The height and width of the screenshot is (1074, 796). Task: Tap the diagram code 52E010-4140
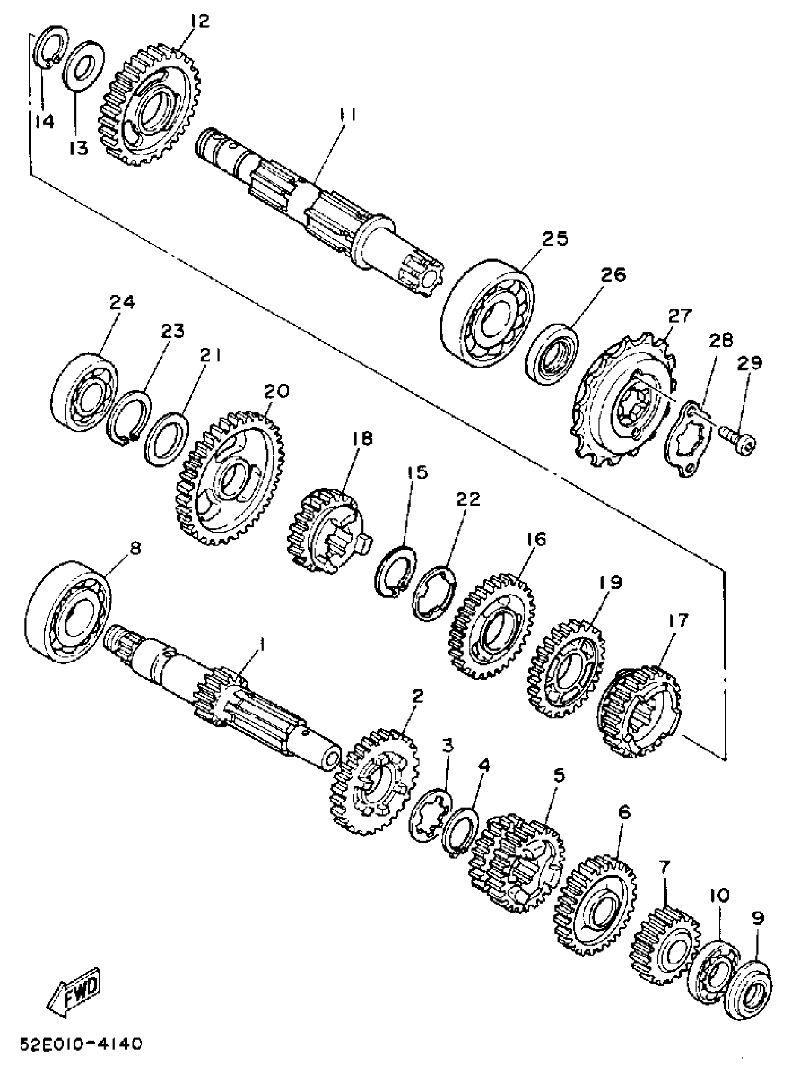coord(81,1042)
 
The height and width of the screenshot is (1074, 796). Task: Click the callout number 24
coord(122,302)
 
